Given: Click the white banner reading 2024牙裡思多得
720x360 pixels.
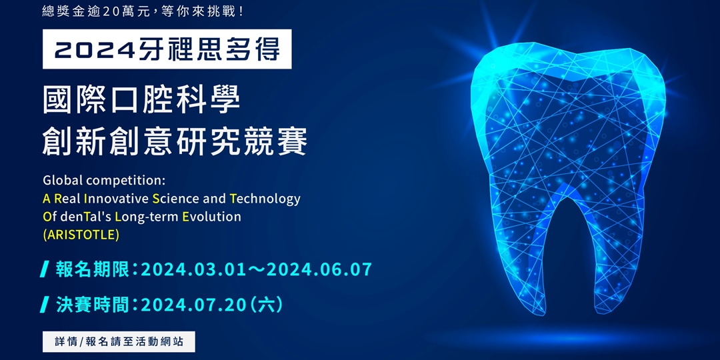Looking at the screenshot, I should click(167, 50).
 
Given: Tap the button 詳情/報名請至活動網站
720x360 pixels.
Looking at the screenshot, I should click(119, 342).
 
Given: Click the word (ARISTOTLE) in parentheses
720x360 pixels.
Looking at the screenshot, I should click(81, 235).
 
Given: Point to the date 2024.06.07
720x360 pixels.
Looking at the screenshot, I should click(322, 270).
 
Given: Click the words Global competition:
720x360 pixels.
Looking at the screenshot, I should click(103, 181).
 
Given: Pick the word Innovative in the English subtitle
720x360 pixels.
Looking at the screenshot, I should click(115, 199).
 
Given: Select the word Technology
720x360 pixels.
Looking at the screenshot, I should click(265, 199).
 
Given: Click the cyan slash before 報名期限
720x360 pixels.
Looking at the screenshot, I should click(45, 270).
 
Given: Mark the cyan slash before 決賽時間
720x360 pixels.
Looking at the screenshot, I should click(45, 305).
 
